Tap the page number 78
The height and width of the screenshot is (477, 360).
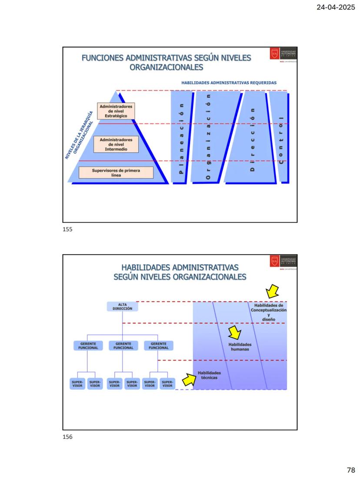351,470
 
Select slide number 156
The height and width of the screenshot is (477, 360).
68,437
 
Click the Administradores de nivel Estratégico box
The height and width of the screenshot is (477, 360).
116,111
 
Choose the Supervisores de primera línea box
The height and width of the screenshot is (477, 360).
116,172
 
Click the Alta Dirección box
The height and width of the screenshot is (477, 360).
123,307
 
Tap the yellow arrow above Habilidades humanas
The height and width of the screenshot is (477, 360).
235,332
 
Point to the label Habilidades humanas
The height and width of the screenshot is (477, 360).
240,346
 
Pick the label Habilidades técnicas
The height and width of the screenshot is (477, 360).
209,375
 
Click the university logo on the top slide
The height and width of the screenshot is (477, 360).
283,54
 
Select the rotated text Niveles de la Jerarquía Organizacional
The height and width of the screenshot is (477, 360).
80,136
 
